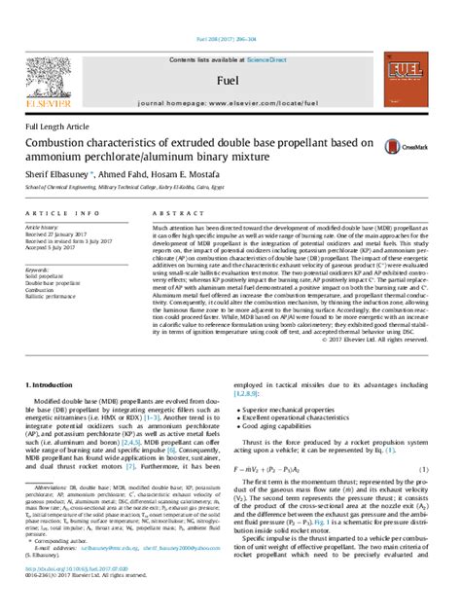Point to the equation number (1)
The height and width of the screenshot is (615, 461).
tap(424, 469)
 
